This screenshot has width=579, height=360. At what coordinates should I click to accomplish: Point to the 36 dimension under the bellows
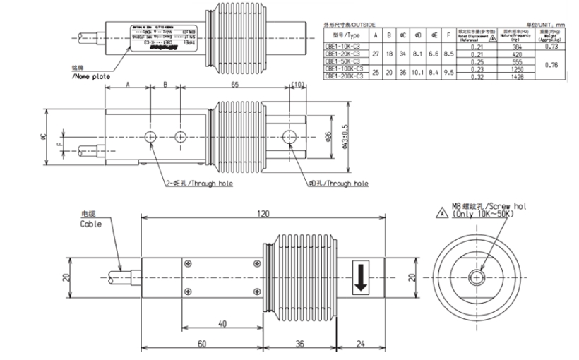(x=299, y=344)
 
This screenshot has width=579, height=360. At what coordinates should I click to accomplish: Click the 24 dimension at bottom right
(x=362, y=344)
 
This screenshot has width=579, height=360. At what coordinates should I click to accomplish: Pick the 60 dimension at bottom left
(x=201, y=344)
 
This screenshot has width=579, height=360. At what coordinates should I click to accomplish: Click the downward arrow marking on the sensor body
(x=361, y=279)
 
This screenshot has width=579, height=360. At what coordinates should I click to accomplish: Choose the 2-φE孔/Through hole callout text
(x=198, y=184)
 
